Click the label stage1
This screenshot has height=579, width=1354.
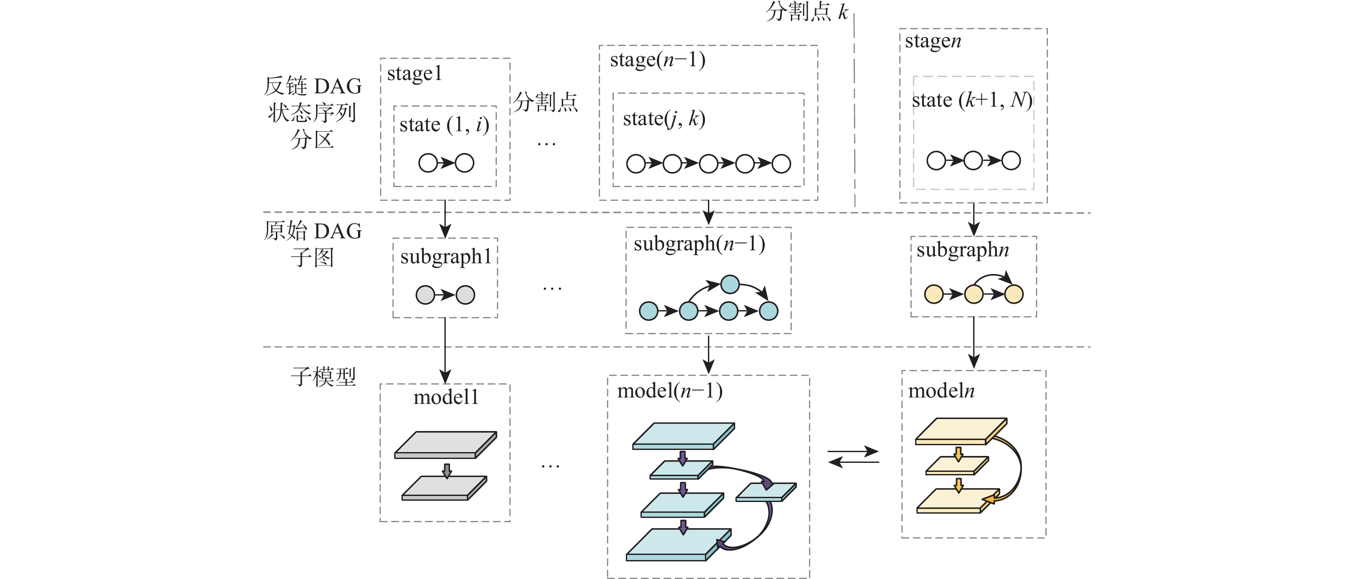(x=414, y=74)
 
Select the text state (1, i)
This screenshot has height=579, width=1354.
(x=444, y=125)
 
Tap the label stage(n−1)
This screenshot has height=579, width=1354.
(x=657, y=60)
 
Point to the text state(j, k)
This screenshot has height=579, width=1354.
(x=664, y=119)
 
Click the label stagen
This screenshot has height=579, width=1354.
(x=933, y=41)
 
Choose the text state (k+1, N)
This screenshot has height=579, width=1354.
(x=972, y=100)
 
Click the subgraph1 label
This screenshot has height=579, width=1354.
(x=446, y=257)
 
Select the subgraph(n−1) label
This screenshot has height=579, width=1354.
(x=699, y=244)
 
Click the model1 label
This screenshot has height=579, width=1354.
(x=446, y=397)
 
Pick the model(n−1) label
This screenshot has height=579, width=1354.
(x=670, y=391)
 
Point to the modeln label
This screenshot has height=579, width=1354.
(x=941, y=391)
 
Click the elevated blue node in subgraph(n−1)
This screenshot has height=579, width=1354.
(x=729, y=284)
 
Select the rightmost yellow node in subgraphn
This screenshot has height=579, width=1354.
(x=1014, y=294)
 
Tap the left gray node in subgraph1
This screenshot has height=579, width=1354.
(x=425, y=295)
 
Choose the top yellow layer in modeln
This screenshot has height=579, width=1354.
(x=960, y=430)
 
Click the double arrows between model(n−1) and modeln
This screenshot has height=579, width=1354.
(x=853, y=456)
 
